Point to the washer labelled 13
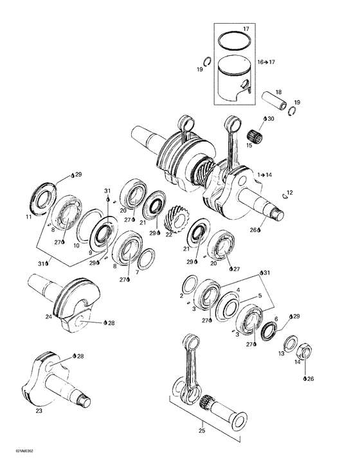(289, 344)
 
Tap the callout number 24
(48, 316)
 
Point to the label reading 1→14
(264, 175)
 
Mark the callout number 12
(290, 192)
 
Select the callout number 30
(270, 119)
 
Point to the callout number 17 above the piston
(245, 30)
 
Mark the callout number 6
(276, 319)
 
